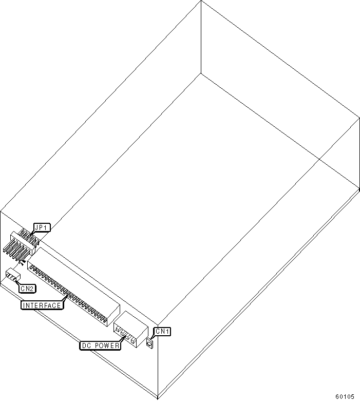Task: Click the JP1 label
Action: [39, 227]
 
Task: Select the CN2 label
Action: [28, 289]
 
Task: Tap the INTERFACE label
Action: [42, 305]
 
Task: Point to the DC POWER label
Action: [101, 346]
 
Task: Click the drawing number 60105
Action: [345, 396]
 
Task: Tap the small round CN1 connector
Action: [149, 343]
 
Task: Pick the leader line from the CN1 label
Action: [153, 338]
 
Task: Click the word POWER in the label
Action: [108, 346]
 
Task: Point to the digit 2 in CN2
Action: [32, 289]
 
